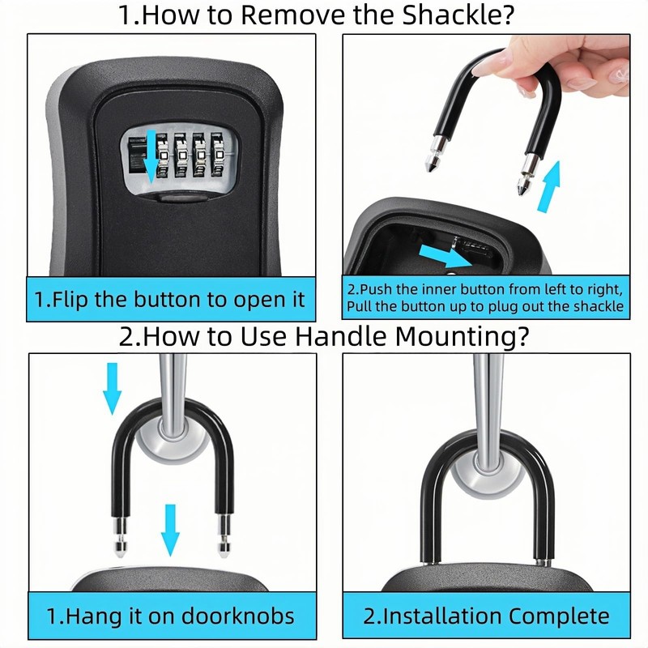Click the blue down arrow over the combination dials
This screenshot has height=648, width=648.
pyautogui.click(x=151, y=156)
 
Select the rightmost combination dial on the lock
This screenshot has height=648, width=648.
pyautogui.click(x=219, y=155)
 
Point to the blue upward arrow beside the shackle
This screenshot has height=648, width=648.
pyautogui.click(x=549, y=186)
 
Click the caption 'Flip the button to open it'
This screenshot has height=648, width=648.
pyautogui.click(x=170, y=299)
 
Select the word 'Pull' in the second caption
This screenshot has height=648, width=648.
pyautogui.click(x=359, y=307)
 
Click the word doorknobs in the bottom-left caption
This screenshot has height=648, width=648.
pyautogui.click(x=237, y=616)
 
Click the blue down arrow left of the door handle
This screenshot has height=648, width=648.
pyautogui.click(x=112, y=389)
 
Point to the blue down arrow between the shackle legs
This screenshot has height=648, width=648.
pyautogui.click(x=170, y=530)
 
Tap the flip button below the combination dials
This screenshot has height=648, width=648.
pyautogui.click(x=181, y=198)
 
